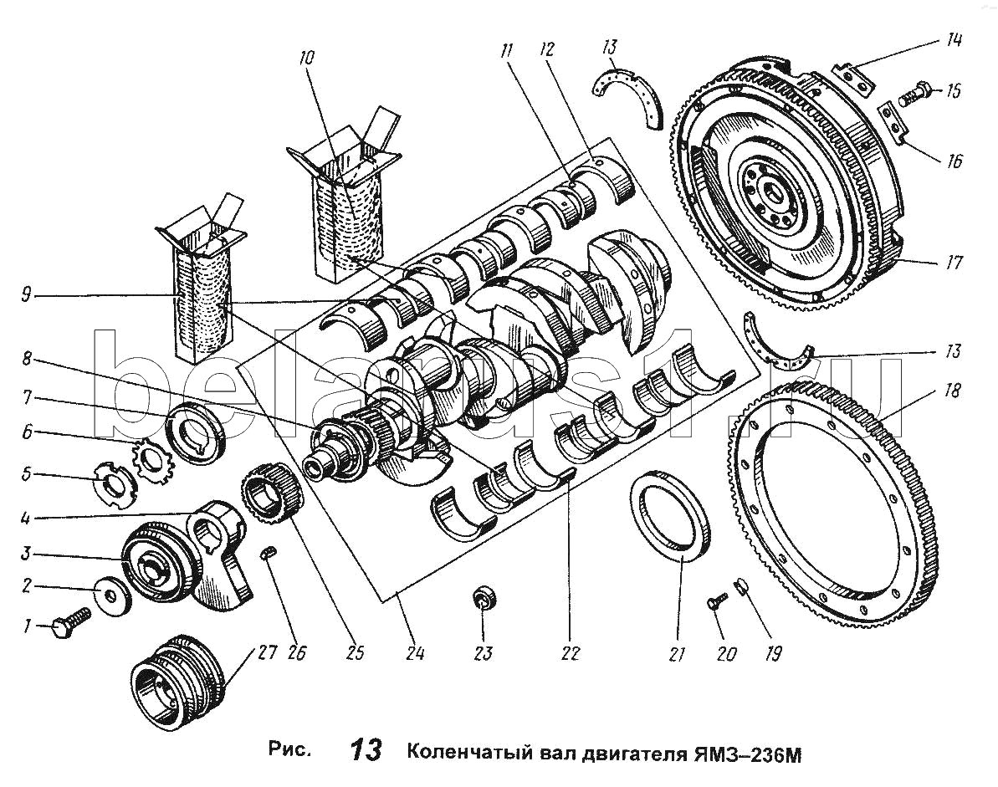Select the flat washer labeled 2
pos(111,595)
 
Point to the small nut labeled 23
pos(484,599)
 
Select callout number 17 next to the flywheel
pos(953,262)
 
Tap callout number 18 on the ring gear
pos(952,391)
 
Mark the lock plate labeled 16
pos(893,124)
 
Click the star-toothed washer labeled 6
pos(154,460)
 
